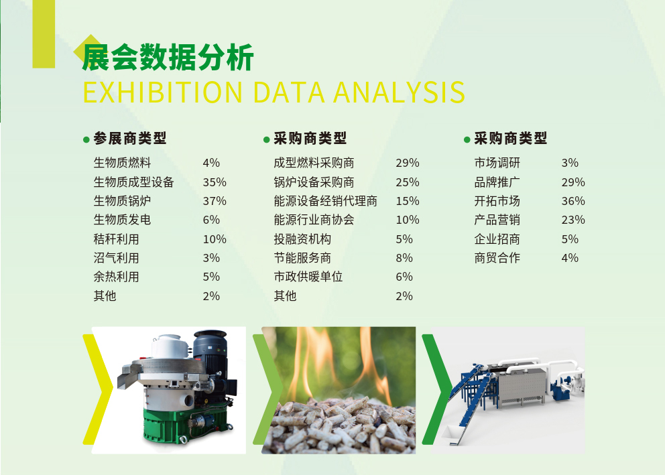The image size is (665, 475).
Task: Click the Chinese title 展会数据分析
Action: coord(168,57)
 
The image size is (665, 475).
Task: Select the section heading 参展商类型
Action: coord(130,138)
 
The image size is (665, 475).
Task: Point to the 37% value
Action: coord(215,201)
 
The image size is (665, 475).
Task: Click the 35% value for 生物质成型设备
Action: coord(215,182)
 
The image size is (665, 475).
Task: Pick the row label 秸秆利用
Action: coord(116,239)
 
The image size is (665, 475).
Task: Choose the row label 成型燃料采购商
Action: coord(314,163)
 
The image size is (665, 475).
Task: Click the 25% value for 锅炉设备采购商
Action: coord(408,182)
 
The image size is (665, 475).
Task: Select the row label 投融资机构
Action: coord(302,239)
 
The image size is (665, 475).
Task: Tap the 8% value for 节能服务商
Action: coord(404,258)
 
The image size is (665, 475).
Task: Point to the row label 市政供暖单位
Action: coord(308,277)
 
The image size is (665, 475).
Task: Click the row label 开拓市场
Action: coord(497,201)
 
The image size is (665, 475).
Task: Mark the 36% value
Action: coord(573,201)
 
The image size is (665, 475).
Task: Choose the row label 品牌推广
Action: coord(497,182)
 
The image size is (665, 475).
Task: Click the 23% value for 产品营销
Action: coord(573,220)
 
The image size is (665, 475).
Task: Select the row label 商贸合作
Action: coord(497,258)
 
